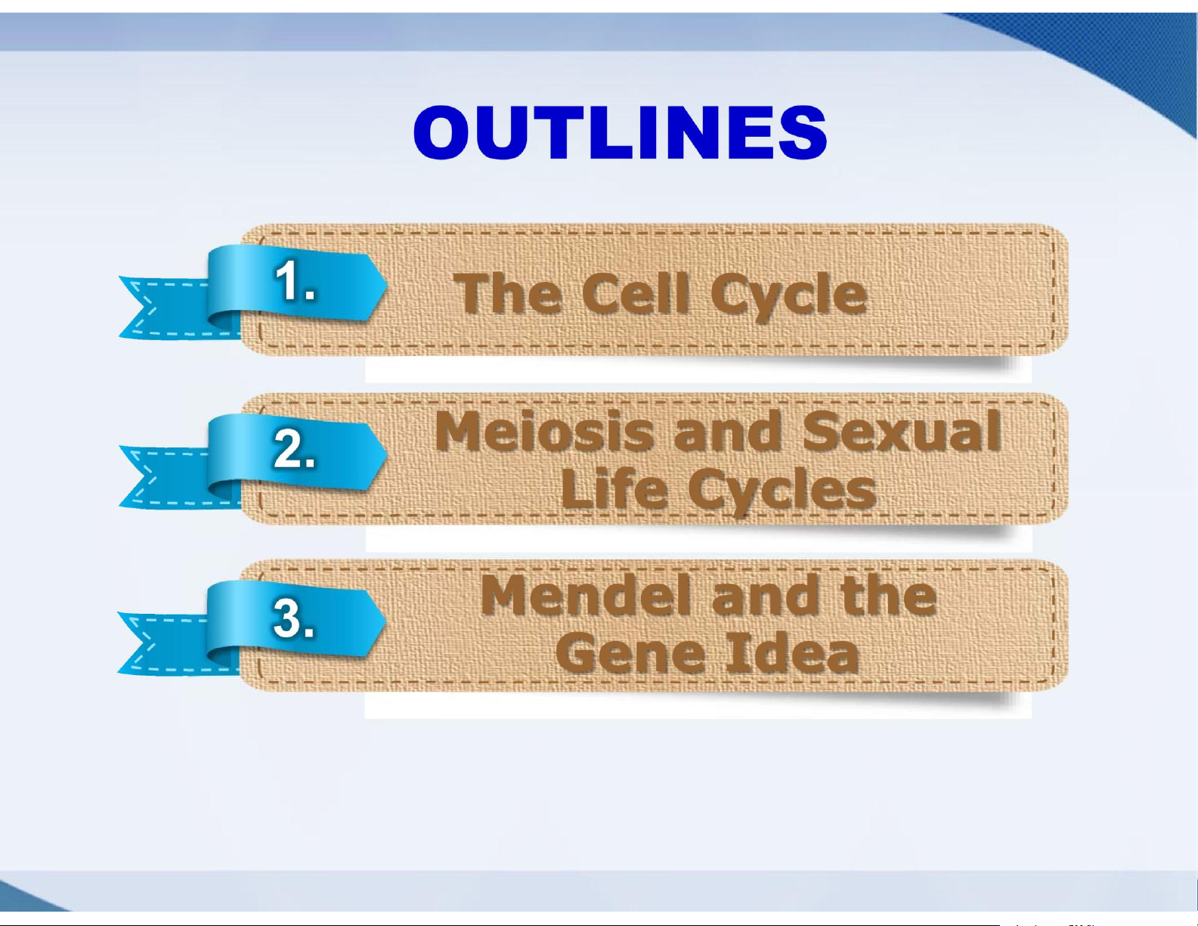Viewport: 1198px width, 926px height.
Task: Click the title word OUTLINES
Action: point(621,132)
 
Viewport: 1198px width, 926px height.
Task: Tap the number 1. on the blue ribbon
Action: point(295,280)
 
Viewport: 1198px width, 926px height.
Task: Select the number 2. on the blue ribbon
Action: point(294,449)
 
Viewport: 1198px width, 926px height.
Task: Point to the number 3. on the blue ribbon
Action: point(294,618)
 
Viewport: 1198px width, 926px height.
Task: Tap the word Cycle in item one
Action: point(788,298)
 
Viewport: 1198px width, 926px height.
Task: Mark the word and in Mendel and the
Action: point(764,595)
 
